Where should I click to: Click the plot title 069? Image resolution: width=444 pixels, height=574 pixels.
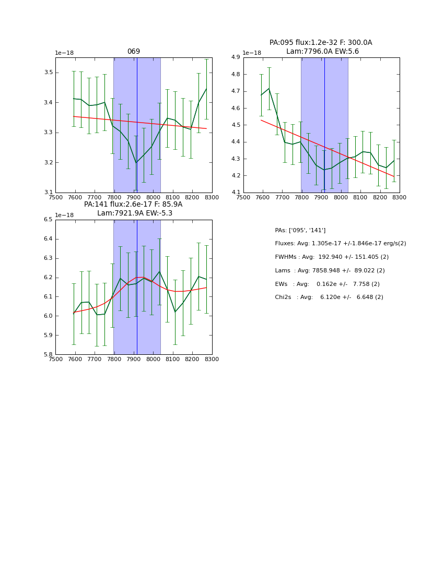[134, 52]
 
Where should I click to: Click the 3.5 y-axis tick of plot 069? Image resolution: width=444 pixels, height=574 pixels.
[49, 72]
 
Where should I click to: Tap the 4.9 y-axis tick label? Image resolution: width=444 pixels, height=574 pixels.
[236, 57]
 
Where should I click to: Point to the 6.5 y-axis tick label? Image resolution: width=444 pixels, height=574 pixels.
[48, 220]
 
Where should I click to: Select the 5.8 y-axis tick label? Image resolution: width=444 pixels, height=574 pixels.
[48, 354]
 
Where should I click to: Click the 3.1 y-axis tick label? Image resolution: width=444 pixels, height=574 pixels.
[49, 193]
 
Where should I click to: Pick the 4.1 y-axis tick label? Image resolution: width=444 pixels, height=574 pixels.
[236, 193]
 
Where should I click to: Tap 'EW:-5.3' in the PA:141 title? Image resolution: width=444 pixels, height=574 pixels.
[159, 213]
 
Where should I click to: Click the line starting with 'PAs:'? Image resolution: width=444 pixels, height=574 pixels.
[300, 230]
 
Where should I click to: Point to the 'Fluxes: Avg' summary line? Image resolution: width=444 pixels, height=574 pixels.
[340, 244]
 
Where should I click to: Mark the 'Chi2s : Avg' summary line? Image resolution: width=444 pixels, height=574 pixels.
[329, 297]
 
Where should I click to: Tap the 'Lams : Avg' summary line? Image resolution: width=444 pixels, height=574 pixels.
[330, 270]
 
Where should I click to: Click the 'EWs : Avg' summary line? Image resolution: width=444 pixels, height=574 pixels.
[327, 284]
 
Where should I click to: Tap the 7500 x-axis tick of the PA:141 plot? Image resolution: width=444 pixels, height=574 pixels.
[55, 359]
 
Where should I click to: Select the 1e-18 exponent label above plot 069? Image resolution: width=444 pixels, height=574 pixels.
[64, 53]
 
